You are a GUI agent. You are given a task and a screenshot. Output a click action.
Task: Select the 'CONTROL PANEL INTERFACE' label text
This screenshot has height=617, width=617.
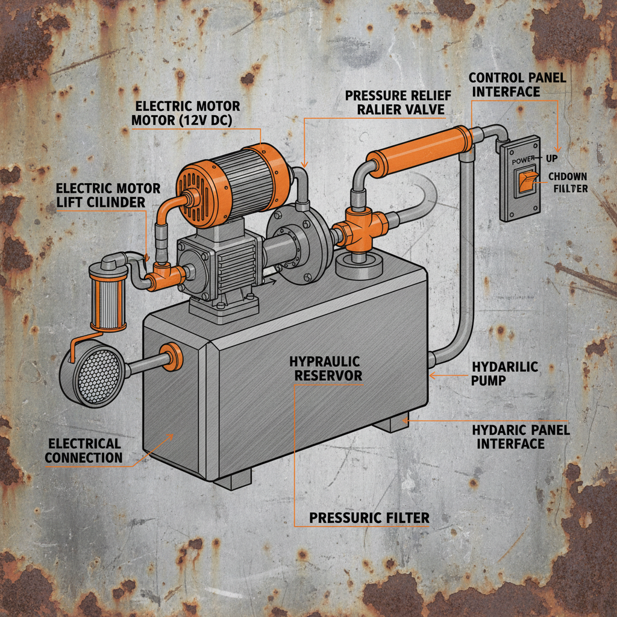tap(504, 84)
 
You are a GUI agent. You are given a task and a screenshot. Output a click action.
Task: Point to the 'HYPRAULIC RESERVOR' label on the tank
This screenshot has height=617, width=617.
tap(325, 369)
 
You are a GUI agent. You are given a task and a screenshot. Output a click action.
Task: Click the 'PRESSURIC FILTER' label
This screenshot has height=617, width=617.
tap(369, 518)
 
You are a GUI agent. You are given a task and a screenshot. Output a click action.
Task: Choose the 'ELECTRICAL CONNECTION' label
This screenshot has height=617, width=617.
tap(84, 451)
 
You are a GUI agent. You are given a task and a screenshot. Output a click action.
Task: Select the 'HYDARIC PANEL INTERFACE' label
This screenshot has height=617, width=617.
tap(521, 437)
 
